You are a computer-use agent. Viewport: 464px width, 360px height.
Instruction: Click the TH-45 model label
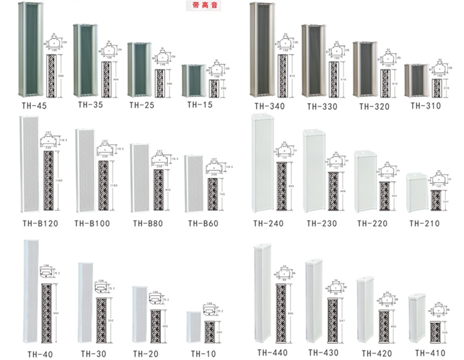(x=30, y=107)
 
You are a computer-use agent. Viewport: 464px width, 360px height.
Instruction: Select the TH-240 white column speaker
(x=262, y=164)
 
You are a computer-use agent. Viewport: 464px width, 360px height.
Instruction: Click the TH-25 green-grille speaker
(x=139, y=70)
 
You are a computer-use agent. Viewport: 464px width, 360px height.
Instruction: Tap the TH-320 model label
(x=372, y=107)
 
